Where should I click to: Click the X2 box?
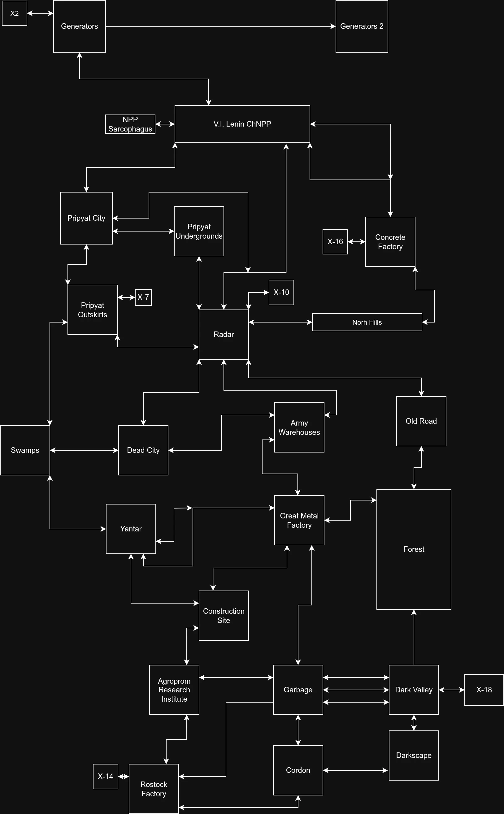click(x=14, y=13)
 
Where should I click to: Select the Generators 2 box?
click(x=362, y=26)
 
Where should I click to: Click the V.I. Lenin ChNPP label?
click(x=242, y=124)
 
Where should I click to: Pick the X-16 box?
click(x=335, y=241)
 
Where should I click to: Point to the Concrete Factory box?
click(x=390, y=242)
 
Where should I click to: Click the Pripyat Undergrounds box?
click(x=199, y=231)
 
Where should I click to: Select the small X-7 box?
click(x=143, y=297)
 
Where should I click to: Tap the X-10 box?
click(x=281, y=292)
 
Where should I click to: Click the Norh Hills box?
click(x=367, y=322)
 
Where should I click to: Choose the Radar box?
click(x=224, y=335)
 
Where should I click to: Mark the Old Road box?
click(x=421, y=421)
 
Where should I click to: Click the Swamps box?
click(x=25, y=450)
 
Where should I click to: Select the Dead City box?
click(x=143, y=450)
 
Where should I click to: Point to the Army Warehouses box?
click(x=299, y=427)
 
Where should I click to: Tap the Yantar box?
click(x=131, y=529)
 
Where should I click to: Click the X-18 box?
click(x=484, y=690)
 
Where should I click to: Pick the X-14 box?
click(x=105, y=776)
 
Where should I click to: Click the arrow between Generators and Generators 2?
click(x=220, y=26)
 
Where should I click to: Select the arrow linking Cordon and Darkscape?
click(x=356, y=770)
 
